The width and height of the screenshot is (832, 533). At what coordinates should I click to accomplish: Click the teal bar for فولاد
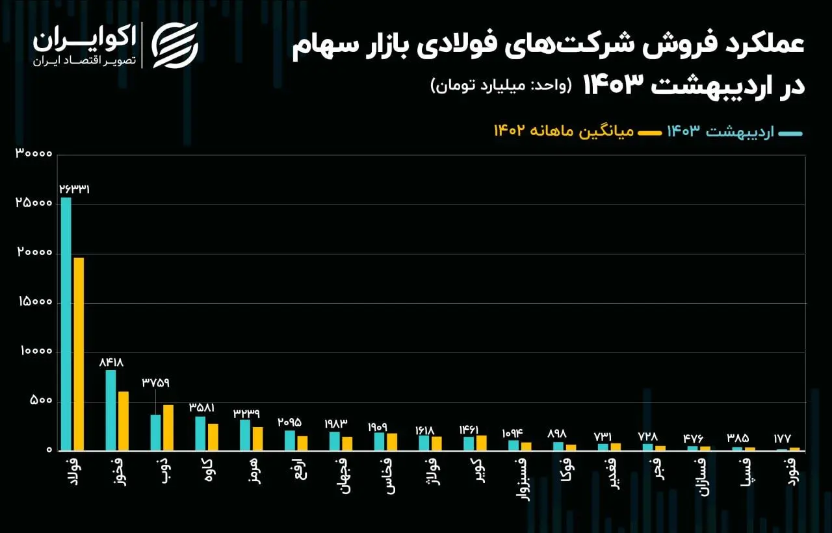coord(66,324)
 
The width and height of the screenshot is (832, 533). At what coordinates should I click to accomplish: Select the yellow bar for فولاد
coord(79,354)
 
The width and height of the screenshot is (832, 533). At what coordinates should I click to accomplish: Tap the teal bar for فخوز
coord(110,410)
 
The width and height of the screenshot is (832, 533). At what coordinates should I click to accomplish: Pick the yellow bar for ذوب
coord(168,428)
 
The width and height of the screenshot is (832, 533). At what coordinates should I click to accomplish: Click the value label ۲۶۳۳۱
coord(74,190)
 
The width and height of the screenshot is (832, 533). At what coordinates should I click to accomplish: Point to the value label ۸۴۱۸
coord(110,362)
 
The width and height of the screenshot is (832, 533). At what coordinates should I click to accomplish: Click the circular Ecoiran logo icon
coord(174,45)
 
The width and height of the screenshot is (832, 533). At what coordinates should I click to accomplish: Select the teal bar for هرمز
coord(245,435)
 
